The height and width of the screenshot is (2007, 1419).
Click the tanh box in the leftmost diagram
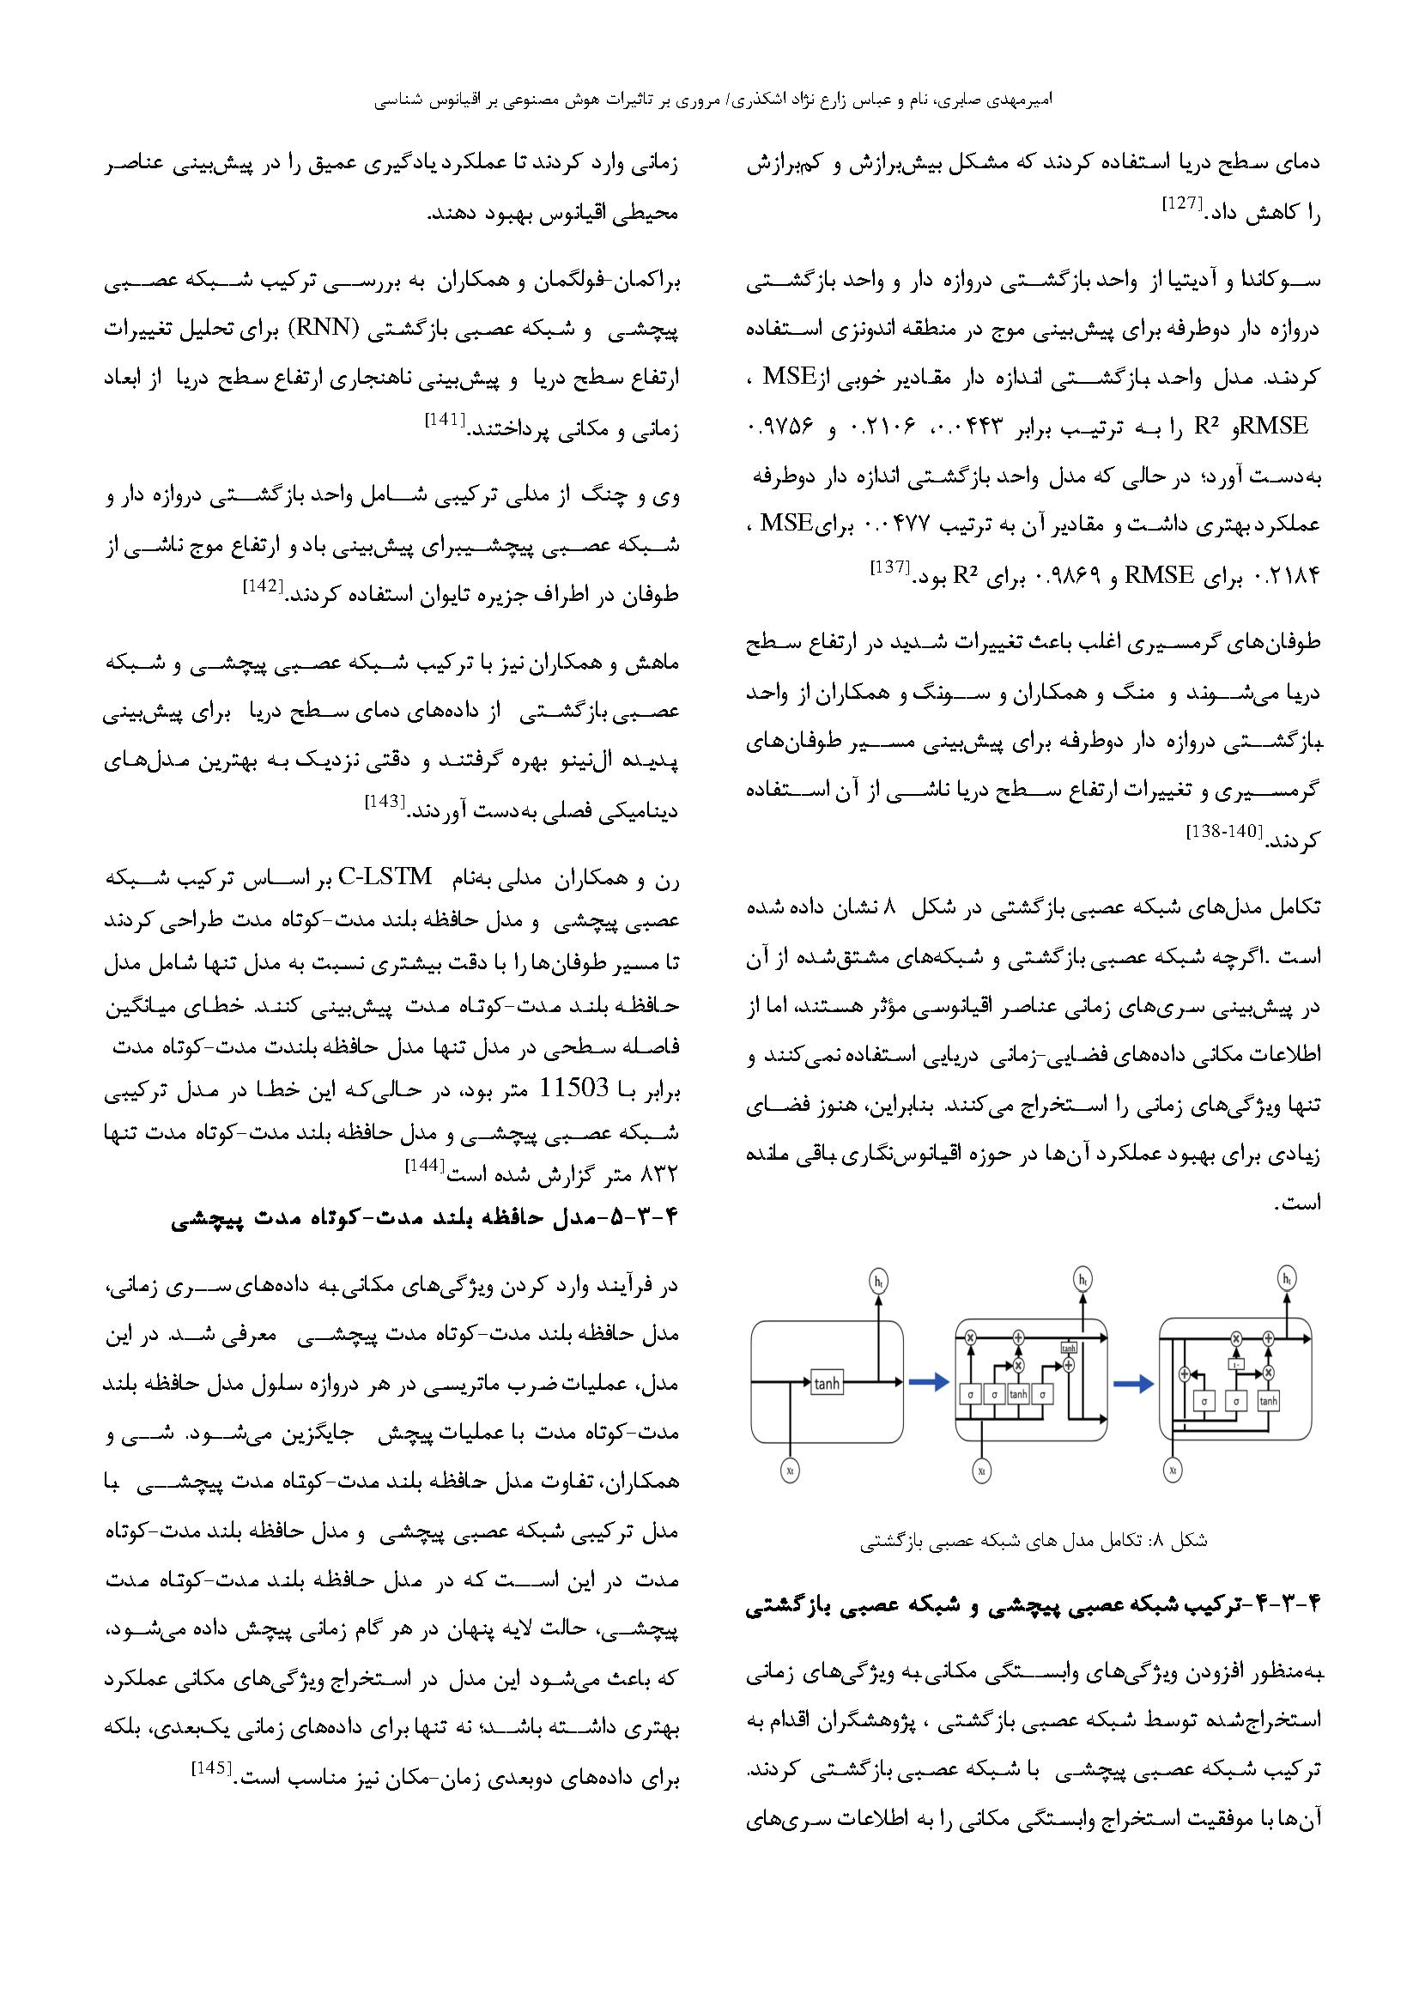coord(825,1384)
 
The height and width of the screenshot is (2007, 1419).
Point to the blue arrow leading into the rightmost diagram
coord(1133,1384)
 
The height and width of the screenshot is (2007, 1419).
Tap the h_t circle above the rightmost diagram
coord(1287,1279)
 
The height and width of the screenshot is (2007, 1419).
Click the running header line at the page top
coord(713,100)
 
